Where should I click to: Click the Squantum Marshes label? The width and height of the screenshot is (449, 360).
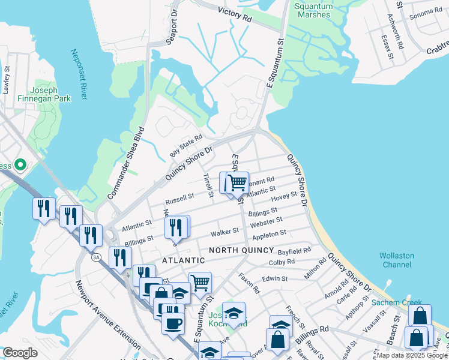click(x=313, y=10)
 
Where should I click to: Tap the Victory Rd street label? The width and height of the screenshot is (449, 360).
click(x=234, y=15)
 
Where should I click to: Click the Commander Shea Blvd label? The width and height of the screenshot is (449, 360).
click(x=127, y=163)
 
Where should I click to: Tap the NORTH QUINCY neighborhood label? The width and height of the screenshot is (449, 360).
click(x=241, y=250)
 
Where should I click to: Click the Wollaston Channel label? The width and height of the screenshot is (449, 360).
click(x=396, y=260)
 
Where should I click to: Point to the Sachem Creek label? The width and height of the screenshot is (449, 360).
click(x=397, y=302)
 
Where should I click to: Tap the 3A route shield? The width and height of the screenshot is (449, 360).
click(x=95, y=257)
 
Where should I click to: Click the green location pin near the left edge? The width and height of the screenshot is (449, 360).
click(x=20, y=164)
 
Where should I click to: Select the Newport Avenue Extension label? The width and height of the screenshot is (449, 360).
click(x=107, y=316)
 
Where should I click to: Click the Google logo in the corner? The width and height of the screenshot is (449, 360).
click(x=20, y=353)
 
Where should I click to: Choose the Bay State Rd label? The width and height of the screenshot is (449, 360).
click(x=186, y=146)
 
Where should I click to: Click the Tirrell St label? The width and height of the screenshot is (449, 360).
click(x=208, y=185)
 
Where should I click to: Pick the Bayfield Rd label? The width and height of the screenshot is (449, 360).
click(x=298, y=250)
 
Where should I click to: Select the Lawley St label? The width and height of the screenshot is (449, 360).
click(x=7, y=80)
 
